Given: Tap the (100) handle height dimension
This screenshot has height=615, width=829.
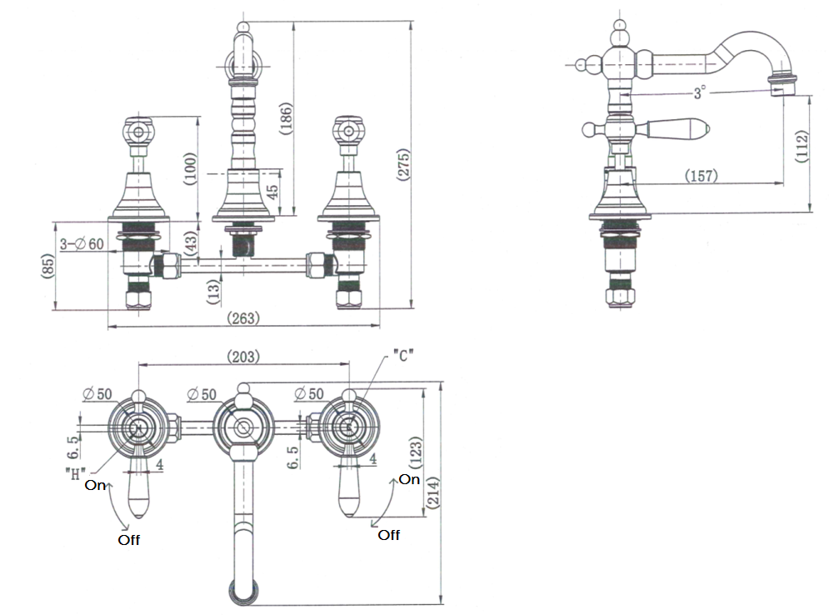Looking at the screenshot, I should [189, 166].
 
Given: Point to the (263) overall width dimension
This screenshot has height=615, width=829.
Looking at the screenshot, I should [243, 317].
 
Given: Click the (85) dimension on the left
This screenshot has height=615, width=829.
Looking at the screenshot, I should [47, 267].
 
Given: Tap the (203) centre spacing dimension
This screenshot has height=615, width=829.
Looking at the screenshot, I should [243, 356].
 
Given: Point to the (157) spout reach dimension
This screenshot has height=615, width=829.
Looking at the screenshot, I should [701, 176].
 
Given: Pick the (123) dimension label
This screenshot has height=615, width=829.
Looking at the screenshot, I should [416, 453].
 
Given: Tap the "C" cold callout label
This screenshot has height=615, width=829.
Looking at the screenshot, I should [402, 356].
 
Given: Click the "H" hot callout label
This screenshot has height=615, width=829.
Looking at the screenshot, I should [76, 473].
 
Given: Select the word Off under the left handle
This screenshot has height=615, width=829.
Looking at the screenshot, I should [128, 540].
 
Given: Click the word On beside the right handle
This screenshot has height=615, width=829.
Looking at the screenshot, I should [409, 479].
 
